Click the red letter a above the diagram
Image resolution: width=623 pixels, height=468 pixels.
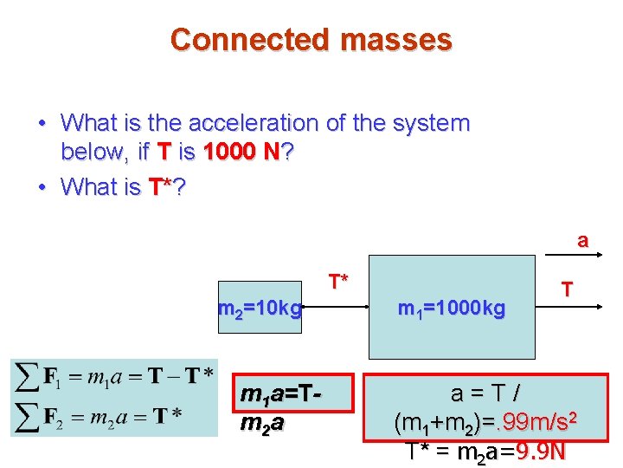pyautogui.click(x=583, y=240)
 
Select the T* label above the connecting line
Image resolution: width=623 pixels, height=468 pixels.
pyautogui.click(x=338, y=281)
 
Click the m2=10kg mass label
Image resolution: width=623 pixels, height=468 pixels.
pyautogui.click(x=260, y=308)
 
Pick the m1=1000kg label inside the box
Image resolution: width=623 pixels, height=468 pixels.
pyautogui.click(x=451, y=308)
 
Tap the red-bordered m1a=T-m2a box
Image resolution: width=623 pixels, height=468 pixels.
pyautogui.click(x=283, y=410)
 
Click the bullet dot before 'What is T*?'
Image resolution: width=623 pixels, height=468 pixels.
pyautogui.click(x=42, y=187)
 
